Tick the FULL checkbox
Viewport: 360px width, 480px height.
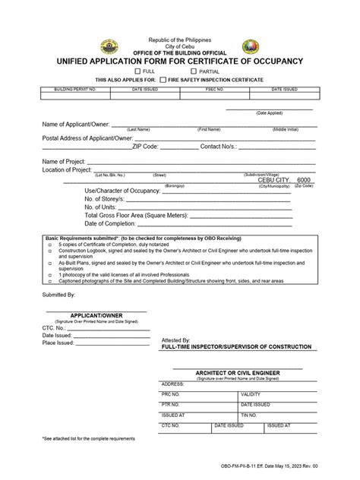pyautogui.click(x=149, y=71)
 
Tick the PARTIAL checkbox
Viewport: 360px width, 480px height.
pyautogui.click(x=194, y=71)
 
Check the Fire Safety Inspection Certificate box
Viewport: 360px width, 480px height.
pyautogui.click(x=164, y=80)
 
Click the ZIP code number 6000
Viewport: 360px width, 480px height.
pyautogui.click(x=305, y=179)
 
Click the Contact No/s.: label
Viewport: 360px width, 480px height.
pyautogui.click(x=221, y=147)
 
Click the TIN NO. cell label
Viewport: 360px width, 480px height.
pyautogui.click(x=249, y=415)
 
